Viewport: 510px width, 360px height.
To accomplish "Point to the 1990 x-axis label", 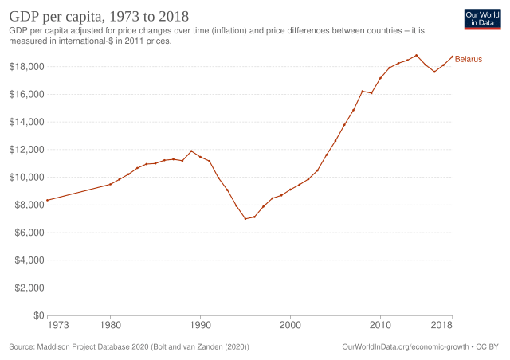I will click(201, 325).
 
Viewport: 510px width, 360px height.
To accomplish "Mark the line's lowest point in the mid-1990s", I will click(246, 218).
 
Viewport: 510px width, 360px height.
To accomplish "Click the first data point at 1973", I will click(49, 200).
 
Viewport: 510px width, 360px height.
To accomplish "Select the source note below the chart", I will click(127, 346).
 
